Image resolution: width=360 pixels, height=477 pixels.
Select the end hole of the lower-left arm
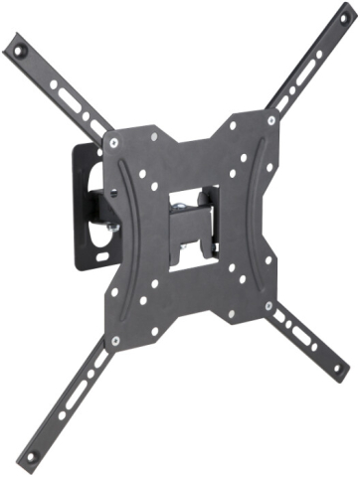(31, 456)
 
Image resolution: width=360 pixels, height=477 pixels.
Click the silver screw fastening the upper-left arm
(116, 143)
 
